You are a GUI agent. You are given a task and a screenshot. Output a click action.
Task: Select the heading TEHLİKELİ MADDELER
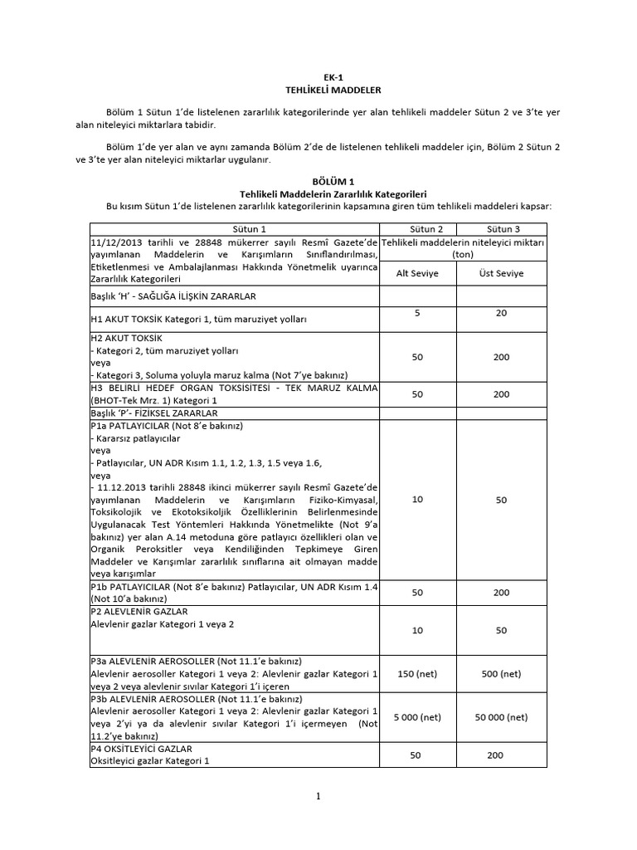click(318, 89)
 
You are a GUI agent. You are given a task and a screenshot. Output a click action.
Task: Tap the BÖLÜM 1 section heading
click(318, 180)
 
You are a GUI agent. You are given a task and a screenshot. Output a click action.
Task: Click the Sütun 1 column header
click(235, 228)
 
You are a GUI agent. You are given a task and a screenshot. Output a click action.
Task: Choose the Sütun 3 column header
click(503, 228)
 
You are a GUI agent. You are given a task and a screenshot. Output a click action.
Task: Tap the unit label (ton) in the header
click(463, 255)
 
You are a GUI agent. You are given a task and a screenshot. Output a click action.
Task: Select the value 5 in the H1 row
click(418, 312)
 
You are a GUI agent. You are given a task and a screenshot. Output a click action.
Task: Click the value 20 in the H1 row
click(500, 312)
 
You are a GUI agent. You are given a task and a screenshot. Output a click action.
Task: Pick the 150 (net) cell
click(418, 674)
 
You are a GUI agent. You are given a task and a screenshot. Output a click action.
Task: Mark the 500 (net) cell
click(501, 674)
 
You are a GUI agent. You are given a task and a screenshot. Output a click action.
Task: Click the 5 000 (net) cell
click(418, 717)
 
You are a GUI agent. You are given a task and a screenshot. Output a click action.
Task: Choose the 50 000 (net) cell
click(501, 717)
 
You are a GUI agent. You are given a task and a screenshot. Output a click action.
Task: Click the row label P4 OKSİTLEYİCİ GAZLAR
click(142, 748)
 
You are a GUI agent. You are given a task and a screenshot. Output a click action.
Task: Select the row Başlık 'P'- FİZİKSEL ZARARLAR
click(153, 413)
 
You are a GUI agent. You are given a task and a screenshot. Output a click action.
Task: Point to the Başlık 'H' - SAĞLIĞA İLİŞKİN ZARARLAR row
click(173, 296)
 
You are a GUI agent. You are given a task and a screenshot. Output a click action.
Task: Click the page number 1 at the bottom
click(318, 797)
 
